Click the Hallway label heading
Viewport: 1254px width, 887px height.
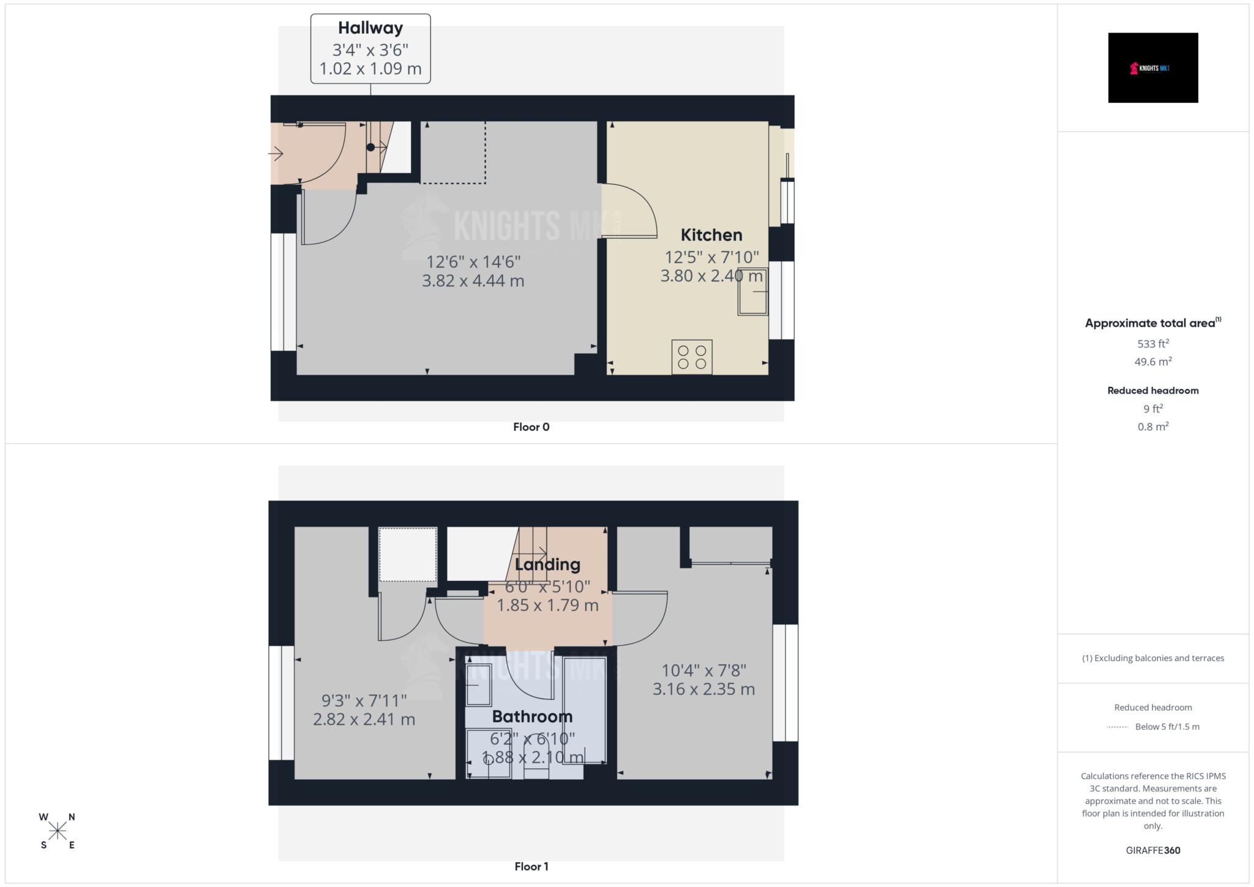pos(370,28)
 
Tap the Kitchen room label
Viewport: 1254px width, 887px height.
pos(711,235)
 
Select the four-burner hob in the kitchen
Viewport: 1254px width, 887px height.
pos(692,357)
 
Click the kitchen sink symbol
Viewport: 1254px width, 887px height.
pos(753,292)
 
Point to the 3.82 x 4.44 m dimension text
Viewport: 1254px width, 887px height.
pos(473,281)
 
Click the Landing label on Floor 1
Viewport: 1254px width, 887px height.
pos(547,564)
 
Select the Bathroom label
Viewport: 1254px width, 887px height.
pos(532,716)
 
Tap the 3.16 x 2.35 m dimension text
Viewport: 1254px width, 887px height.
pos(704,689)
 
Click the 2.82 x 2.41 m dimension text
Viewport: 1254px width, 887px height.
pos(364,719)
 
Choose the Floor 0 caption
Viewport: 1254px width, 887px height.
pos(531,427)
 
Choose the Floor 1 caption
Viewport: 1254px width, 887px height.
pos(531,867)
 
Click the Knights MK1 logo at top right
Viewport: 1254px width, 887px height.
pos(1152,68)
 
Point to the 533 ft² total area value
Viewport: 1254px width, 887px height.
pos(1152,344)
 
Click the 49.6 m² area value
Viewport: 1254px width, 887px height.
pos(1152,362)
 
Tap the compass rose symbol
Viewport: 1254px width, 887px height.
pos(58,831)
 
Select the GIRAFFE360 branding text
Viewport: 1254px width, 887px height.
pos(1152,850)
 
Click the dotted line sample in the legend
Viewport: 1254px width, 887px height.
pos(1117,727)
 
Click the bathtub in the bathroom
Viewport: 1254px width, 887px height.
pos(585,710)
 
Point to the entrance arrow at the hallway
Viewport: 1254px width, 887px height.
pos(276,154)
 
